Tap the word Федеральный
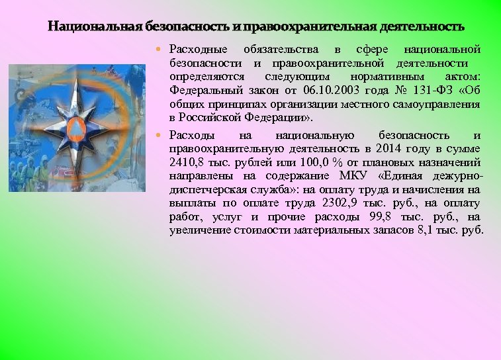[x=197, y=91]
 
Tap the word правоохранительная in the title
[x=309, y=27]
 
